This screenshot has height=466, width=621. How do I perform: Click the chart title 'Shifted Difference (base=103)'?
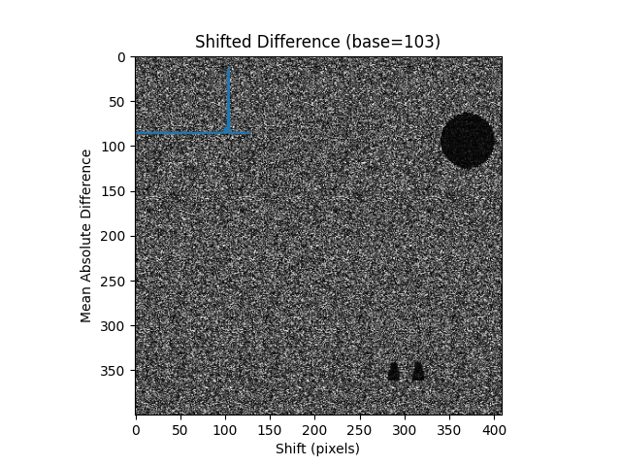coord(317,42)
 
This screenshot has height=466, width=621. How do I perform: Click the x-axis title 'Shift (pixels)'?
coord(317,449)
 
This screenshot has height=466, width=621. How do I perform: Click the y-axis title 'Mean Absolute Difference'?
coord(87,235)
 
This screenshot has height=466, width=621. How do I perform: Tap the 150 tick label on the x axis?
coord(270,428)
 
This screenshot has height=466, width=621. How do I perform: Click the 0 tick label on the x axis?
coord(136,428)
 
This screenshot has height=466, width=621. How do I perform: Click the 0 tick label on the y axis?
coord(123,57)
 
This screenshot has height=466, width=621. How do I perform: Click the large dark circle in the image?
coord(467,141)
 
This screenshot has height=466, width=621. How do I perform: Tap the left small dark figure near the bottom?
coord(394,371)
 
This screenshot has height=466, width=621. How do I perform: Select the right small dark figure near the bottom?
coord(418,371)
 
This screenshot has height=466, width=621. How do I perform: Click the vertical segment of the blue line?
coord(228,97)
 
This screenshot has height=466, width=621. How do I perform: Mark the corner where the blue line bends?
coord(227,132)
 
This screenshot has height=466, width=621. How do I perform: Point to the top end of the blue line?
coord(228,67)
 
